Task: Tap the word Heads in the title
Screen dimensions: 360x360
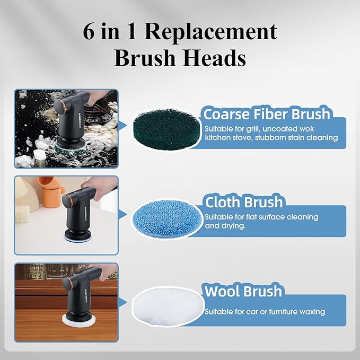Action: point(216,58)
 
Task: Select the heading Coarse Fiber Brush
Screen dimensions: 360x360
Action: point(267,114)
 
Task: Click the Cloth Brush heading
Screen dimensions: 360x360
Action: point(244,203)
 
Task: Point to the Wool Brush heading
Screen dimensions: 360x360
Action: point(243,291)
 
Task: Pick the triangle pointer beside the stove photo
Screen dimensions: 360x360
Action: point(124,126)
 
